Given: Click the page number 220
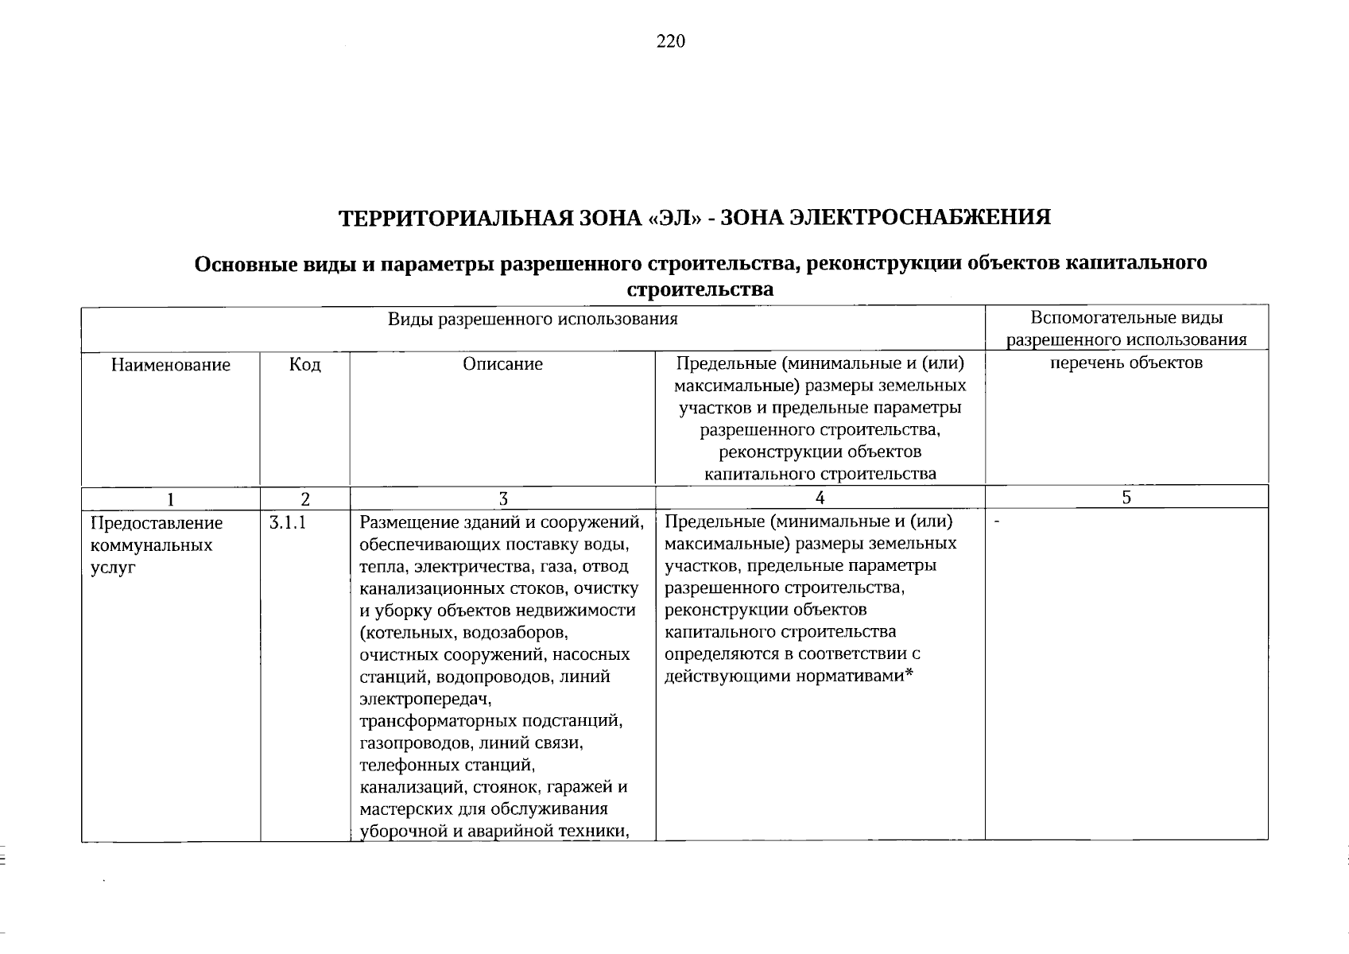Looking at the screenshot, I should pos(670,42).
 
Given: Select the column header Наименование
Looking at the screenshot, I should pos(171,365).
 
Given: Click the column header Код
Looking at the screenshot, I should pos(305,365).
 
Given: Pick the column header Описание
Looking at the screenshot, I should pos(502,365).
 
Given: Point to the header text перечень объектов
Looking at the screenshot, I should pos(1126,363).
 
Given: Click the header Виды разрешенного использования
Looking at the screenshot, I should pos(533,320).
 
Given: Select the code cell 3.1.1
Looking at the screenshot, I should pos(287,523).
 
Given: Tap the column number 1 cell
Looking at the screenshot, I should pos(170,498).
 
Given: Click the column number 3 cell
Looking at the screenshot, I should pos(502,498).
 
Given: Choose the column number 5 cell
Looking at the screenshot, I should pos(1126,498).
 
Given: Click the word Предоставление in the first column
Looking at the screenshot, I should pos(157,524).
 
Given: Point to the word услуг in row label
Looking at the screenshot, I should pos(114,568).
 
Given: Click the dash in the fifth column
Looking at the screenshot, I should pos(997,522).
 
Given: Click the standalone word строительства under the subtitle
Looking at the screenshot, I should pos(700,290).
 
